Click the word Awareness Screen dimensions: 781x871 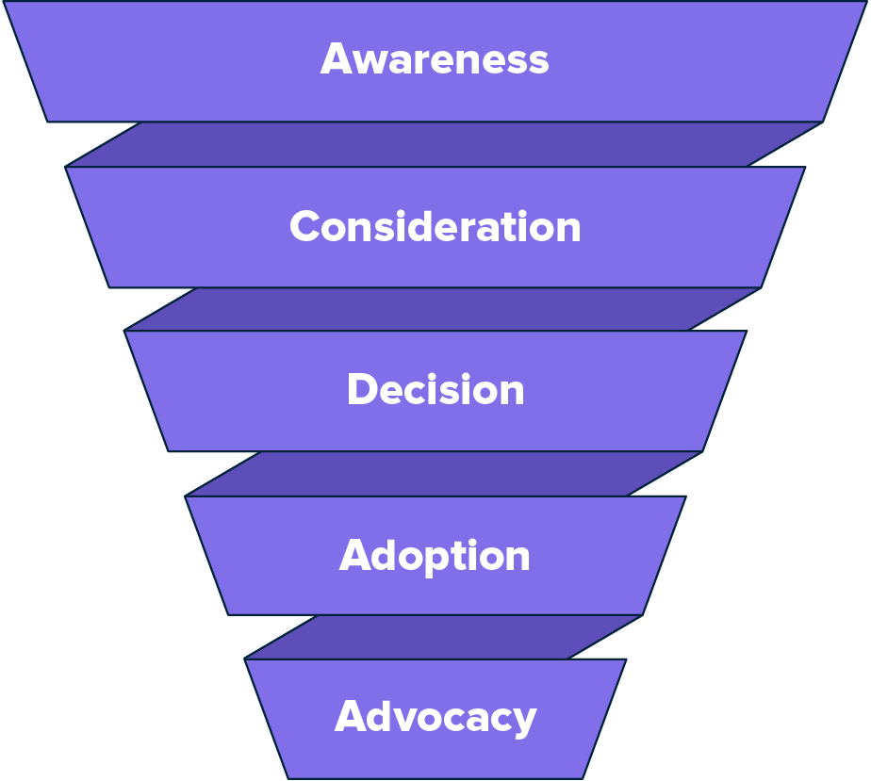click(x=435, y=59)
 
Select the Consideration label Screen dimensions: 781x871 click(x=435, y=227)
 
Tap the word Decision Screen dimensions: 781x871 click(x=435, y=390)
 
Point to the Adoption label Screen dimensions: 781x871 click(x=435, y=556)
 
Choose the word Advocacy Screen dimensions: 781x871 click(x=435, y=717)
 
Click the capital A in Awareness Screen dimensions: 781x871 click(x=337, y=59)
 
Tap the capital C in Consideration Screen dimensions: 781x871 click(x=306, y=227)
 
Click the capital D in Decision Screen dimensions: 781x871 click(x=362, y=390)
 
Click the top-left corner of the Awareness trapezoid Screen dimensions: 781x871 click(x=4, y=2)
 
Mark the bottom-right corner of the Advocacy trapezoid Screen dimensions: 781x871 click(x=583, y=778)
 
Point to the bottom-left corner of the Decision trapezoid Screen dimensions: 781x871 click(x=170, y=451)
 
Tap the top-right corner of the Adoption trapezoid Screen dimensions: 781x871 click(x=685, y=496)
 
